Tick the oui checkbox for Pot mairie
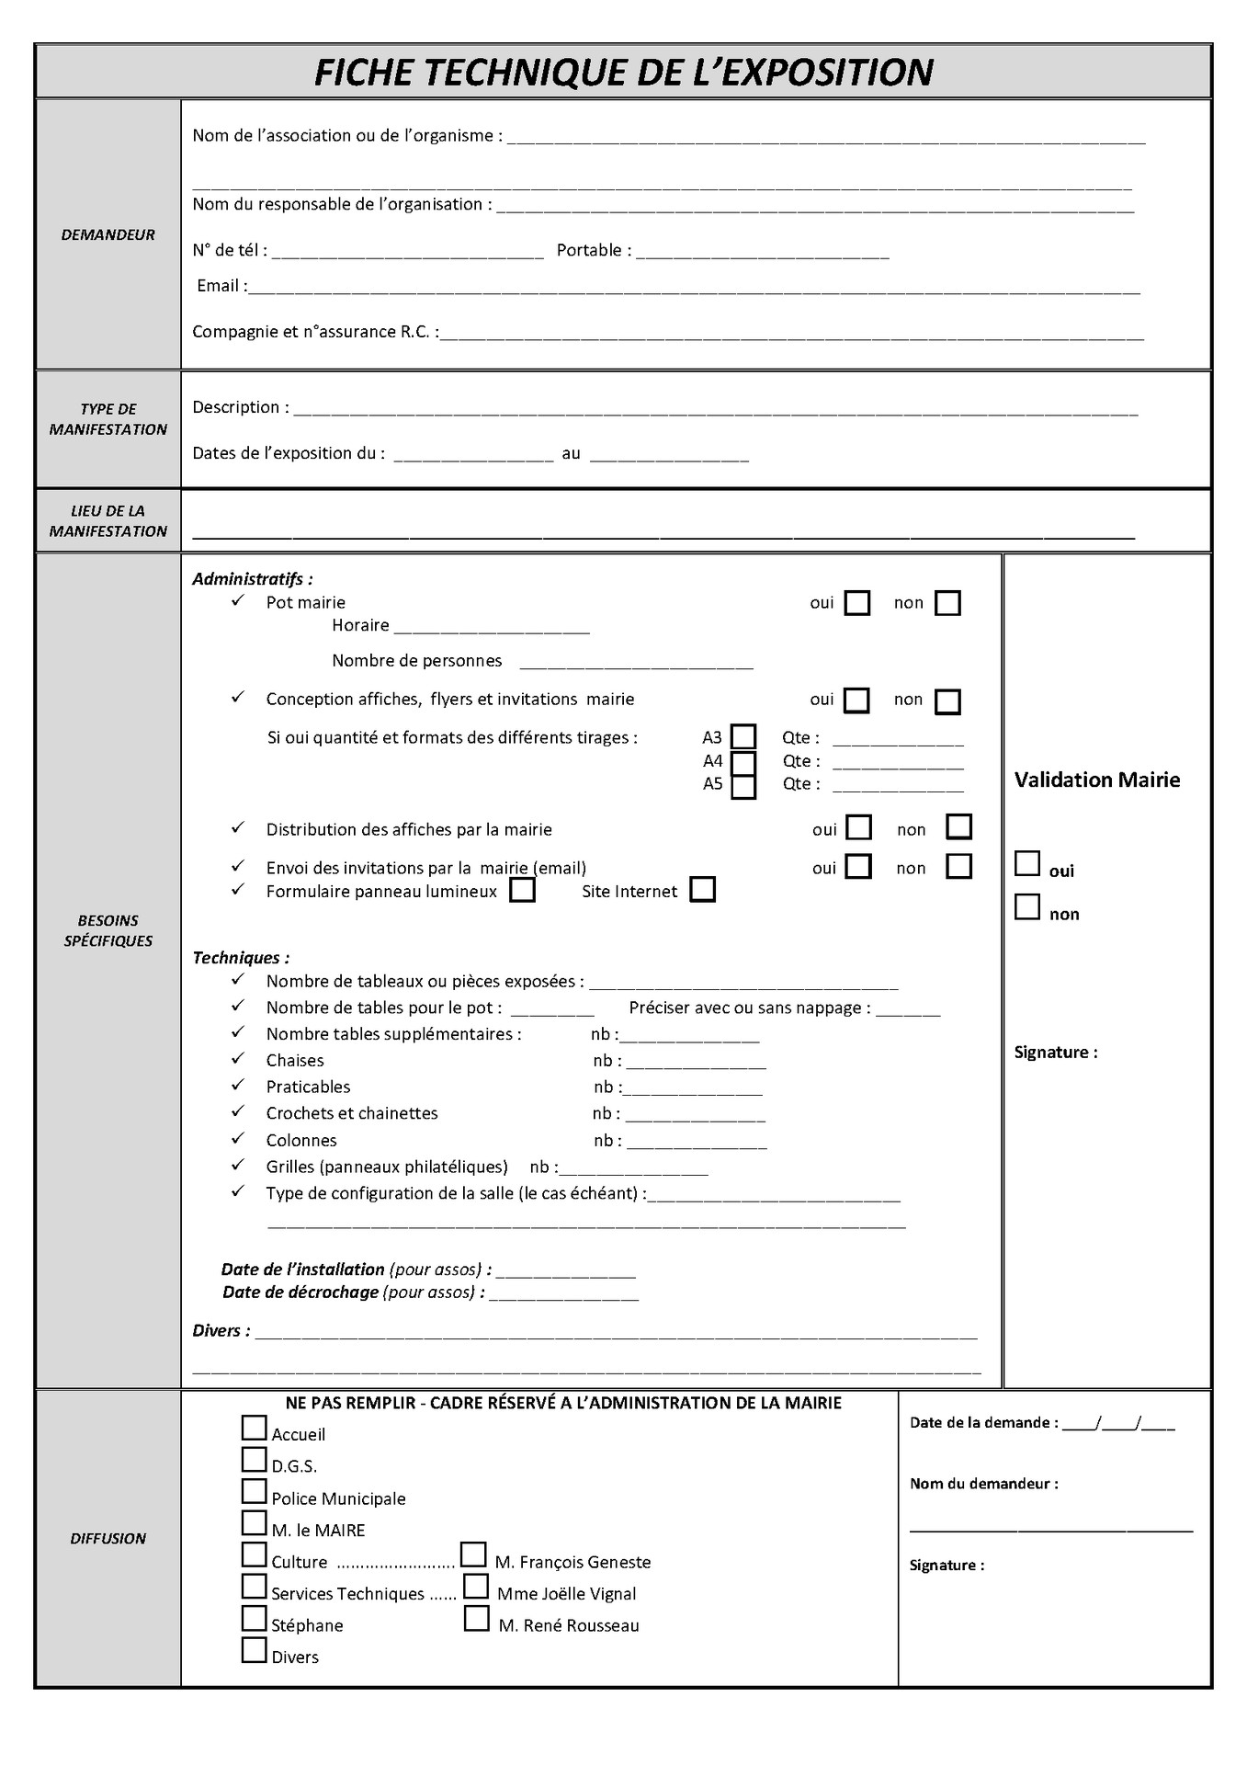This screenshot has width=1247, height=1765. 856,603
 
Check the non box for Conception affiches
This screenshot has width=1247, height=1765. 947,701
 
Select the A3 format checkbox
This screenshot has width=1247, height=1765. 743,737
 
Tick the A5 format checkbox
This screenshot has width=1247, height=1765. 743,787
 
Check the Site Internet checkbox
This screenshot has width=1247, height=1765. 702,890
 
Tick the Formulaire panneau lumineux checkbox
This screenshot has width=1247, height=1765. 522,891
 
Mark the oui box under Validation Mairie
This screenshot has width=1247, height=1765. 1027,864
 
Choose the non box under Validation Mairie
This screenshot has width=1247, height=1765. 1027,907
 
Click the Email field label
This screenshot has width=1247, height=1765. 220,286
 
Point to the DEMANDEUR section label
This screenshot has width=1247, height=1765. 108,235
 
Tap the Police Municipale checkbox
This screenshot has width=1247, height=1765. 254,1491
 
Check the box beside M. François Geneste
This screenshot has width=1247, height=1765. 473,1554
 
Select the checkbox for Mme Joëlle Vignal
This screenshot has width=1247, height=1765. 475,1587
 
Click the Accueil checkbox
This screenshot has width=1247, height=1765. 254,1428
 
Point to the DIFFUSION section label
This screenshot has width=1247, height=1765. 108,1539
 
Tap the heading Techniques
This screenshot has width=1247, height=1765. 241,958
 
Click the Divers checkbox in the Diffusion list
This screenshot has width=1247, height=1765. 254,1650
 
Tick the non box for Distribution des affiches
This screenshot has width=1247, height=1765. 958,826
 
